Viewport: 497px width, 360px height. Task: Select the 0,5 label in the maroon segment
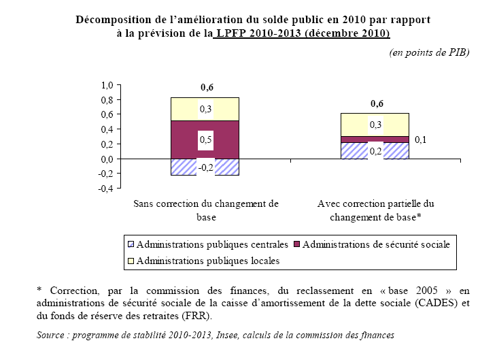pos(205,140)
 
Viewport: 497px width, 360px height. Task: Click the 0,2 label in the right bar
pos(375,151)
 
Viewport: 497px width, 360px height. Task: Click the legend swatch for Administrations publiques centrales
pos(130,244)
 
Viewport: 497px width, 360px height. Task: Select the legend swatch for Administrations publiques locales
pos(130,260)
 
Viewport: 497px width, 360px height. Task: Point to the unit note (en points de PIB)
pos(429,52)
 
